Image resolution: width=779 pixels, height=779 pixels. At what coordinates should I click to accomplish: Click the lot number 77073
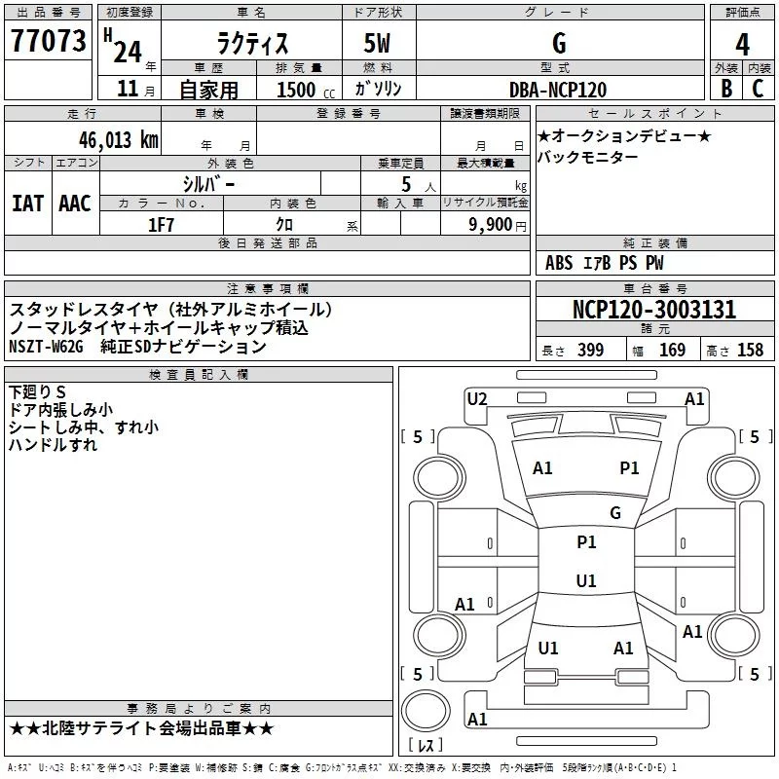click(48, 41)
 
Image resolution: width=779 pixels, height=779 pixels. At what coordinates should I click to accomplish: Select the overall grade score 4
click(742, 45)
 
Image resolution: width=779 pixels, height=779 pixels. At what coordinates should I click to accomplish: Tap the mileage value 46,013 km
click(119, 140)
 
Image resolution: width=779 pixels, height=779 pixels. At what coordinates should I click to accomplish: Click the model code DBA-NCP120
click(558, 90)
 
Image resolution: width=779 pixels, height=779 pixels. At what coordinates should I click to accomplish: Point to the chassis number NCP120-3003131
click(653, 310)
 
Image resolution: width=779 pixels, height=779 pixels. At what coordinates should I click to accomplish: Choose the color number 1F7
click(161, 225)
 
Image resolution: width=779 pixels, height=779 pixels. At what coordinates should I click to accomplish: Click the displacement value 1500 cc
click(306, 90)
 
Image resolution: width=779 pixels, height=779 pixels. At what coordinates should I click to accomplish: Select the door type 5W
click(377, 43)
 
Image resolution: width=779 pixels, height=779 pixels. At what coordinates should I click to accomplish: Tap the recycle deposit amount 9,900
click(491, 225)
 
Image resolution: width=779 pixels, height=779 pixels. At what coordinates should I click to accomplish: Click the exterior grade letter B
click(726, 89)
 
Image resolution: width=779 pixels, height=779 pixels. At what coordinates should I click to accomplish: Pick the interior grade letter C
click(758, 89)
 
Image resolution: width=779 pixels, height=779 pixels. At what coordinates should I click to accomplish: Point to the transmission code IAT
click(27, 204)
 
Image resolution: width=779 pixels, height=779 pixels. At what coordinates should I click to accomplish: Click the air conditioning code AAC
click(75, 204)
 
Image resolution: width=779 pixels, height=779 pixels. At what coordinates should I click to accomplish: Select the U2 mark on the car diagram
click(477, 399)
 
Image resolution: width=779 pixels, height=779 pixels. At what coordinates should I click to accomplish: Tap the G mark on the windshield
click(615, 512)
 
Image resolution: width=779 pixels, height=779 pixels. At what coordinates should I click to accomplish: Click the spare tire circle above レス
click(426, 711)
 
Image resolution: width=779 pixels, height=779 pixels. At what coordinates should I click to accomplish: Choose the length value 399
click(591, 350)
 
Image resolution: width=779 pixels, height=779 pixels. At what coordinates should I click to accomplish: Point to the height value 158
click(750, 350)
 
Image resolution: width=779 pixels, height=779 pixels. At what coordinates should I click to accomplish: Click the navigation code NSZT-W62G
click(46, 347)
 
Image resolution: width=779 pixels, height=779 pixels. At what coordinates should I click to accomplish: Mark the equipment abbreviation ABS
click(559, 263)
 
